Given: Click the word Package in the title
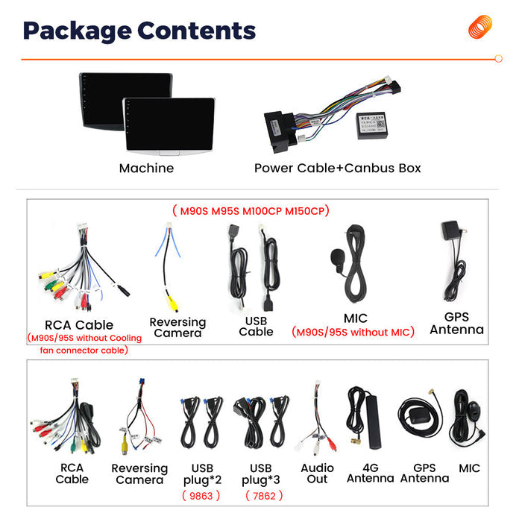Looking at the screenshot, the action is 78,31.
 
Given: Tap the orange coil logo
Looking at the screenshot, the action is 480,27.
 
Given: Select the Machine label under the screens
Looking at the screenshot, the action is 146,168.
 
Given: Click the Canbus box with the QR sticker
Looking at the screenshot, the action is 372,125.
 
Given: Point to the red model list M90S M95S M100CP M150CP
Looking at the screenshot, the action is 251,211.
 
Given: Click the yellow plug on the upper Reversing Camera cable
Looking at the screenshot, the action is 173,304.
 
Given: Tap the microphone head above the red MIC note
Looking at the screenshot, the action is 337,257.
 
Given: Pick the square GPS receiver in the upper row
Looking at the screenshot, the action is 450,230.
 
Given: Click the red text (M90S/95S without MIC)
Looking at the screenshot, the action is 353,333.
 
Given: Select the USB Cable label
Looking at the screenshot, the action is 256,327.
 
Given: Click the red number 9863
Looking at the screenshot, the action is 201,496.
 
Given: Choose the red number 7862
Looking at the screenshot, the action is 264,496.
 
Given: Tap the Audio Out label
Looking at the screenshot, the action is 317,474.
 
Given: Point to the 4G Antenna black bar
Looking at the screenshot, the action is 373,422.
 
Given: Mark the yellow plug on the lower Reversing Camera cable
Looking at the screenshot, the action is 125,445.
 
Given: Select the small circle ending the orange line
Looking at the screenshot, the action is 498,59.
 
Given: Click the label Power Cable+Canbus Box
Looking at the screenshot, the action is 338,168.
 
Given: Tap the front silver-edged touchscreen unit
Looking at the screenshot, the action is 169,126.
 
